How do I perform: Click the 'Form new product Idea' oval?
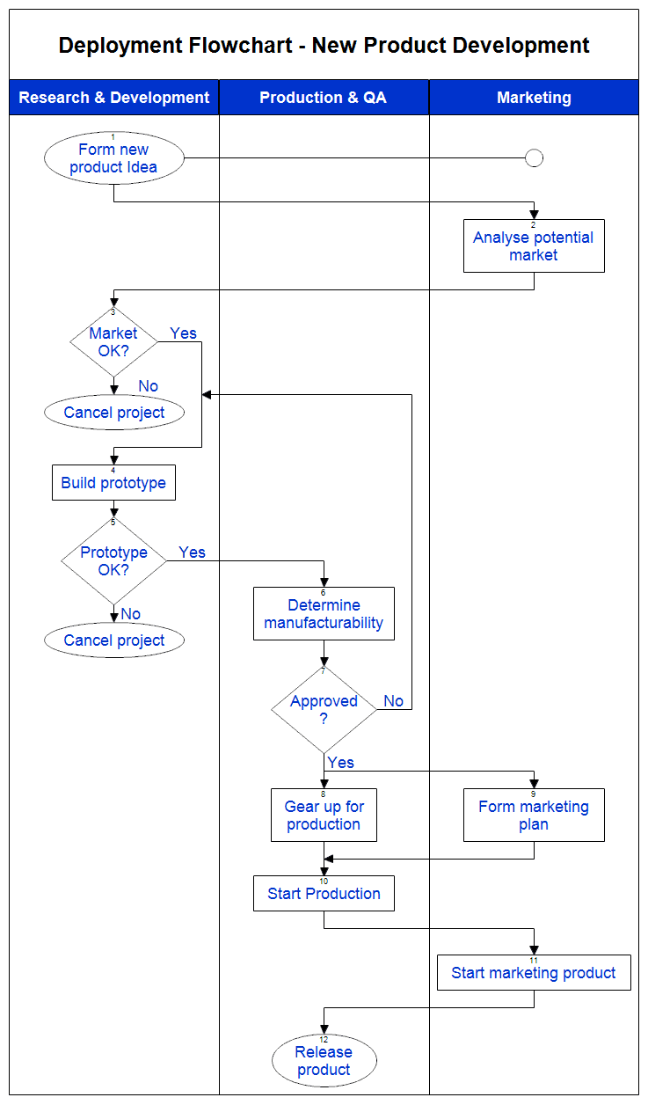pos(114,158)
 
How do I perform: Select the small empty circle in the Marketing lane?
pos(534,158)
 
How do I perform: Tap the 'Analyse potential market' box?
pos(534,246)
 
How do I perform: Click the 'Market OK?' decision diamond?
pos(113,342)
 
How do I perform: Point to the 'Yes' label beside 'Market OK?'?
pos(184,333)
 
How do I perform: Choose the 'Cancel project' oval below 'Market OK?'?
pos(114,413)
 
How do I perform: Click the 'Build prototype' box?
pos(113,483)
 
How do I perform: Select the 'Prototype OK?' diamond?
pos(113,561)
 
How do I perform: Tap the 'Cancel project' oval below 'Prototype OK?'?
pos(114,640)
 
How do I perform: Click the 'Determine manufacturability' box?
pos(324,614)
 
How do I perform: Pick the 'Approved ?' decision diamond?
pos(324,710)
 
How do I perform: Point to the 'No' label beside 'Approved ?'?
pos(393,701)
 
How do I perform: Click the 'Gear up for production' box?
pos(324,816)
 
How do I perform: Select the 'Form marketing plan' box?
pos(534,816)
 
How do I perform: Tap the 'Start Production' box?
pos(324,894)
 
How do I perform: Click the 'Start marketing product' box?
pos(534,973)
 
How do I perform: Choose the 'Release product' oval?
pos(324,1061)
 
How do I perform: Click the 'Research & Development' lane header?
pos(114,98)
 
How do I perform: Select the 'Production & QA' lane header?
pos(323,98)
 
